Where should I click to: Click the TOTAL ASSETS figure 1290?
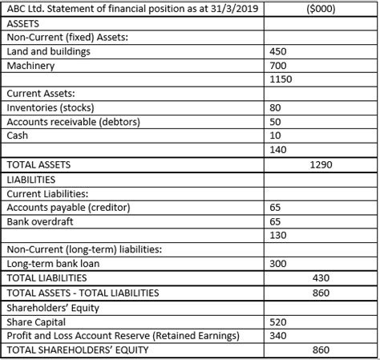[x=321, y=164]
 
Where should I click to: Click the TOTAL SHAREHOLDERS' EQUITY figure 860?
[x=321, y=350]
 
